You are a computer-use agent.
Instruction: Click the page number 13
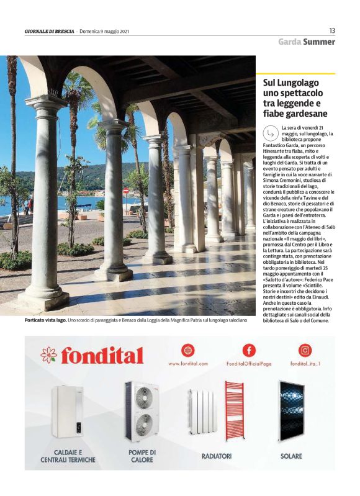pyautogui.click(x=332, y=30)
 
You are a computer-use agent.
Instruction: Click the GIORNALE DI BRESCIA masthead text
pyautogui.click(x=50, y=31)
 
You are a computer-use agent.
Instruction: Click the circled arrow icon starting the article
pyautogui.click(x=270, y=132)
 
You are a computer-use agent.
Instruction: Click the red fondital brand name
pyautogui.click(x=102, y=356)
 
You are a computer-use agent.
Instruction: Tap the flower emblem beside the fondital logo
pyautogui.click(x=48, y=355)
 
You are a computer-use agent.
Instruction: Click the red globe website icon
pyautogui.click(x=187, y=350)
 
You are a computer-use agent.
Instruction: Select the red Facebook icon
pyautogui.click(x=248, y=350)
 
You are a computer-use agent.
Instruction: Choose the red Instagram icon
pyautogui.click(x=305, y=350)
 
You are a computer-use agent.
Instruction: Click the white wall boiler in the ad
pyautogui.click(x=68, y=411)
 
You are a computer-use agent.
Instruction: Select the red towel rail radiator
pyautogui.click(x=235, y=410)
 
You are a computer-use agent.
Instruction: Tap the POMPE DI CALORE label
pyautogui.click(x=142, y=456)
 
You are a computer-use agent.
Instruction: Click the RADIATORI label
pyautogui.click(x=217, y=456)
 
